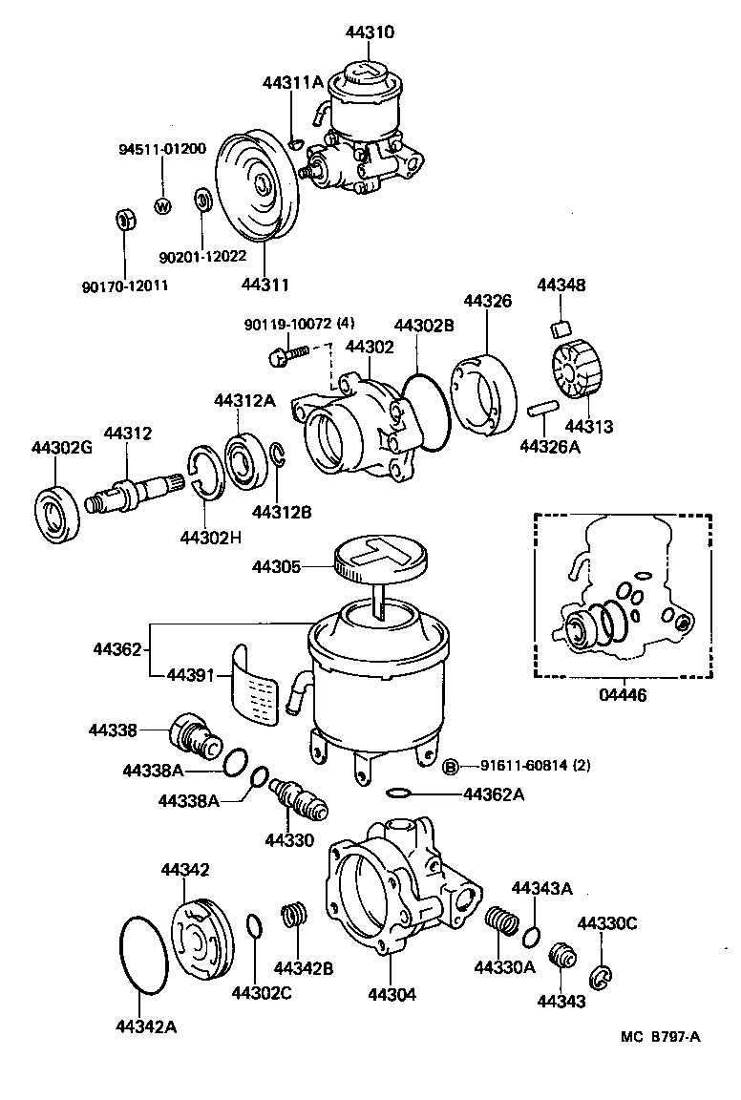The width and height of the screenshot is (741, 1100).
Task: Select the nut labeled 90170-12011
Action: (124, 220)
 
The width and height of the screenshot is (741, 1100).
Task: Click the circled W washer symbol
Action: (161, 206)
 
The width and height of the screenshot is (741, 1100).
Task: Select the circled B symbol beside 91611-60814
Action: (453, 765)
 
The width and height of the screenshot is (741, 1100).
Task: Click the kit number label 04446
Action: (622, 695)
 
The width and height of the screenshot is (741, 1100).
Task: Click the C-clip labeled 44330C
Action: (602, 976)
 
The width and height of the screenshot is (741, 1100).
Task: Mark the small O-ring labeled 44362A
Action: (400, 793)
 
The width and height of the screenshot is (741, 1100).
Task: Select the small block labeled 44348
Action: (561, 328)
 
